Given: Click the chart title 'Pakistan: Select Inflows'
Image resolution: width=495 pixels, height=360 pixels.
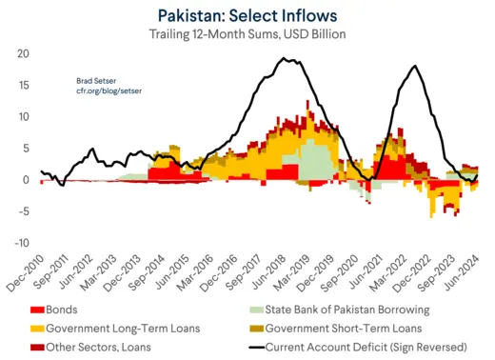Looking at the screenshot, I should pos(247,14).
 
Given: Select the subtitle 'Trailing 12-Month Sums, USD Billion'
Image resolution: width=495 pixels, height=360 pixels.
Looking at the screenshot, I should pos(247,34).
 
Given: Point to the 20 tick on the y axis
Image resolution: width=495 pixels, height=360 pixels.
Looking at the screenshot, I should pos(22,53).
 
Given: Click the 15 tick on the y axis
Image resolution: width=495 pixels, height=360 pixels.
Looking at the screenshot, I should pos(22,85).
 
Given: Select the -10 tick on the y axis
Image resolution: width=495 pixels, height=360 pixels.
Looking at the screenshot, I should pos(20,243).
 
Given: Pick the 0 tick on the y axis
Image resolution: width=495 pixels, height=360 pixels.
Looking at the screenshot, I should pos(25,180).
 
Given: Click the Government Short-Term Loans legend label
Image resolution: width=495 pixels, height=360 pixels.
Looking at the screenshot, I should pos(356,329).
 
